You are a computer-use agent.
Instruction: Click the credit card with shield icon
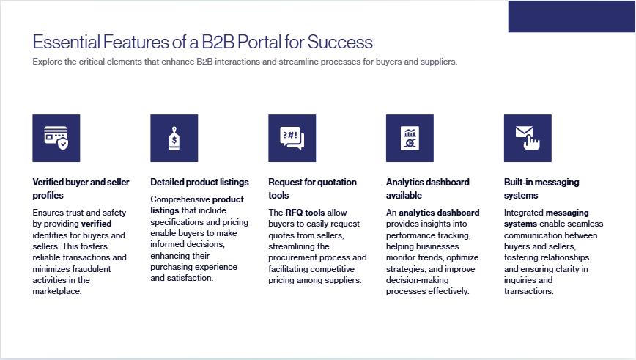point(56,138)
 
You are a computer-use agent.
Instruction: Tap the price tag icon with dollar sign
point(174,138)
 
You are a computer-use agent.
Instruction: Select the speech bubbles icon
point(292,138)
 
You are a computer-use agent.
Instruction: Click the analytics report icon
point(410,138)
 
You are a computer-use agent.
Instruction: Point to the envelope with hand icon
point(528,138)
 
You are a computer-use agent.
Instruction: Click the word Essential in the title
point(66,42)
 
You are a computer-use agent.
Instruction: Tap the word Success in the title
point(340,42)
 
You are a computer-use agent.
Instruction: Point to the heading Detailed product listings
point(199,183)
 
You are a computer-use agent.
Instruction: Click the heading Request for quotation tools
point(312,188)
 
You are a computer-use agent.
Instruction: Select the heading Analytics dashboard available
point(427,188)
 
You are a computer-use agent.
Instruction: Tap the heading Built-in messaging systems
point(541,188)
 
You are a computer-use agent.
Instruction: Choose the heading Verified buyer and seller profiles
point(81,188)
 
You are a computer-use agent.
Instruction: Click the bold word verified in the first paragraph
point(96,224)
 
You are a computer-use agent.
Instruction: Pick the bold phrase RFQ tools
point(305,213)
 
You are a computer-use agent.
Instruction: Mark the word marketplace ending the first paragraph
point(57,291)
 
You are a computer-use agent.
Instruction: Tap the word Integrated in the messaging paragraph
point(523,213)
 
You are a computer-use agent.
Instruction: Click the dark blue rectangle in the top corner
point(572,16)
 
